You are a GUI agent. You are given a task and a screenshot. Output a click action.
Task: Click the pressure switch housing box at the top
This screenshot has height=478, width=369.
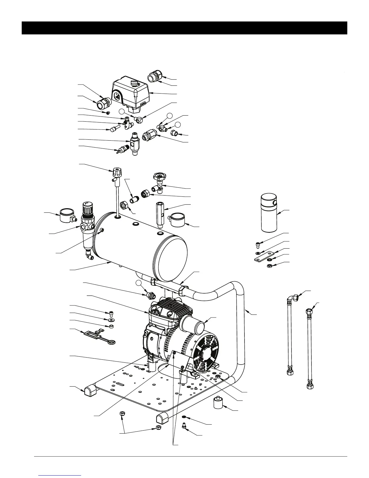pyautogui.click(x=131, y=92)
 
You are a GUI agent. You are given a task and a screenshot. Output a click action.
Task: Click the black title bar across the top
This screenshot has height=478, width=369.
pyautogui.click(x=184, y=28)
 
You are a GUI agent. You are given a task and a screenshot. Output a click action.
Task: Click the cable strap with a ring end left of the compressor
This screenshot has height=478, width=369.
pyautogui.click(x=99, y=336)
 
